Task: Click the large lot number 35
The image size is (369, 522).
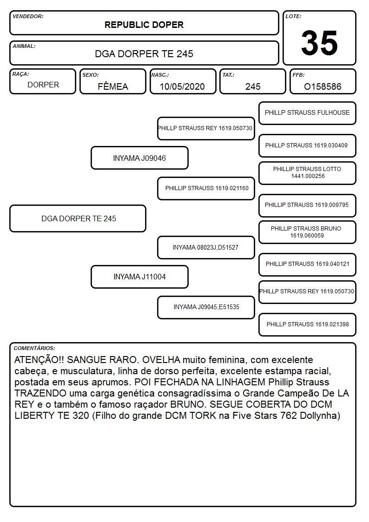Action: [x=319, y=43]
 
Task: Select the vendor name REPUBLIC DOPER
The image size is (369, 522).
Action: [x=144, y=25]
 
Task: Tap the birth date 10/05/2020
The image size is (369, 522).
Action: [x=182, y=86]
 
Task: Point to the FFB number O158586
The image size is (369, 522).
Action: [x=323, y=86]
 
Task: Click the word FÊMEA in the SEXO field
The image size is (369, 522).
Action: [x=113, y=86]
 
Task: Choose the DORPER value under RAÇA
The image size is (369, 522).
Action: [x=43, y=85]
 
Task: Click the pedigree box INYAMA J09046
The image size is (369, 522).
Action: [x=139, y=158]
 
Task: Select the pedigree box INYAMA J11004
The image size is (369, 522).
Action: [x=139, y=277]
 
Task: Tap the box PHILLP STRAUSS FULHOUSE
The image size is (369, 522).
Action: [x=307, y=113]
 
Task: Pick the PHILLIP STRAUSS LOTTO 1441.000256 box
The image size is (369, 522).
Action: [x=307, y=173]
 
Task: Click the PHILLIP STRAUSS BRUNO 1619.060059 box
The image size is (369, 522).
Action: [x=307, y=232]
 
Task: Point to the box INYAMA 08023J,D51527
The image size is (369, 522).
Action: [x=206, y=247]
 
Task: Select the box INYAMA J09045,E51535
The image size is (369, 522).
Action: [x=206, y=307]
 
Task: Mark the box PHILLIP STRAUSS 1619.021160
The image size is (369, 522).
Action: [x=206, y=188]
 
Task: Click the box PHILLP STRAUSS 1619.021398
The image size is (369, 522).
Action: [x=307, y=324]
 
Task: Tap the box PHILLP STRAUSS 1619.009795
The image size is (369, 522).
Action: [x=307, y=205]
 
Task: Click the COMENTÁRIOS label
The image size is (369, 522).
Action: [x=34, y=348]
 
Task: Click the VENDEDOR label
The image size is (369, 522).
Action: [x=28, y=16]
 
